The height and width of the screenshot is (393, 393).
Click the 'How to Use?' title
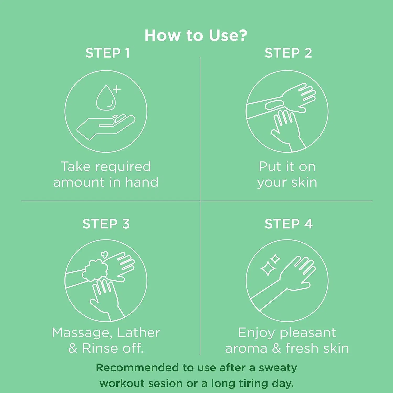pyautogui.click(x=196, y=35)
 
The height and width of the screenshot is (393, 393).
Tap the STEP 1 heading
pyautogui.click(x=108, y=53)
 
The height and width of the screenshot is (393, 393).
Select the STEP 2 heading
pyautogui.click(x=288, y=53)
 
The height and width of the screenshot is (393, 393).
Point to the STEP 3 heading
pyautogui.click(x=106, y=224)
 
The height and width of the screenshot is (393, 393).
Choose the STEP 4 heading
pyautogui.click(x=288, y=224)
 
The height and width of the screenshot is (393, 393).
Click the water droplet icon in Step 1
pyautogui.click(x=105, y=98)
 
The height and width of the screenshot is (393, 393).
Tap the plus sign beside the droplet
pyautogui.click(x=117, y=89)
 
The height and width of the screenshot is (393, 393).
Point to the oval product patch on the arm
pyautogui.click(x=274, y=105)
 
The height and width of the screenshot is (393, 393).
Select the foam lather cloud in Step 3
pyautogui.click(x=95, y=270)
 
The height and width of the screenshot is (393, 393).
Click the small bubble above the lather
pyautogui.click(x=105, y=254)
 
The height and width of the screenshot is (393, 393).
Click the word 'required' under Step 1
pyautogui.click(x=123, y=167)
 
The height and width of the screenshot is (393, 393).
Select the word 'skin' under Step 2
pyautogui.click(x=304, y=182)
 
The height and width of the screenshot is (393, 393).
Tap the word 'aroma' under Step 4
pyautogui.click(x=246, y=349)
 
